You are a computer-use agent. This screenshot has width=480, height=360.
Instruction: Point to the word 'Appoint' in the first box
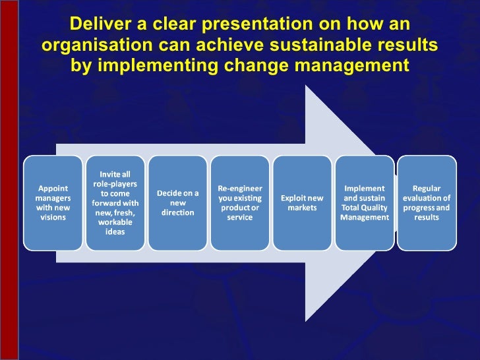(x=53, y=188)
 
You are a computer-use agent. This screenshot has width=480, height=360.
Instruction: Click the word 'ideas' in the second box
(x=115, y=231)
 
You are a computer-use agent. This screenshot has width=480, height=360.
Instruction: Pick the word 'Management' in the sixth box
(x=364, y=218)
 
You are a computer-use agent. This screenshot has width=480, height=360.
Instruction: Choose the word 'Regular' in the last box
(x=427, y=188)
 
